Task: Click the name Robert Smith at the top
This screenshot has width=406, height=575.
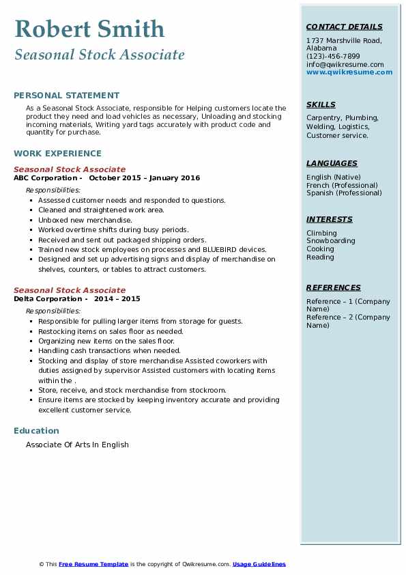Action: tap(89, 29)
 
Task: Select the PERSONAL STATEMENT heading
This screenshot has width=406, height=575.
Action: tap(66, 96)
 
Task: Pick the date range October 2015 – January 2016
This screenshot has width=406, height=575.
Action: tap(145, 178)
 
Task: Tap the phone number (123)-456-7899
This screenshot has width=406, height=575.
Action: tap(333, 57)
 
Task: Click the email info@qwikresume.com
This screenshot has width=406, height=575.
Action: tap(345, 64)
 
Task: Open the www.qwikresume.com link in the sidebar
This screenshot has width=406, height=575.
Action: tap(349, 72)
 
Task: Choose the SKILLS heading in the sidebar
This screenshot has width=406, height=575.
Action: tap(321, 105)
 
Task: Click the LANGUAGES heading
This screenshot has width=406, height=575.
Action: tap(332, 164)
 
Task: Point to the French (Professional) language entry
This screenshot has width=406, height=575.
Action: tap(342, 185)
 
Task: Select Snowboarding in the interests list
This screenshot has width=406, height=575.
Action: tap(330, 241)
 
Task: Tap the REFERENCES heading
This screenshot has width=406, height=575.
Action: tap(333, 288)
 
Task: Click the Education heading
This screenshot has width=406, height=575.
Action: tap(36, 431)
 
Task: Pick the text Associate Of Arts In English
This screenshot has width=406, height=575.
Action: tap(77, 445)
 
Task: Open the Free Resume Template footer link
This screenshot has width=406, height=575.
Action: tap(93, 564)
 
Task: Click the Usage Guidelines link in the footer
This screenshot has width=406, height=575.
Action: tap(259, 564)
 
